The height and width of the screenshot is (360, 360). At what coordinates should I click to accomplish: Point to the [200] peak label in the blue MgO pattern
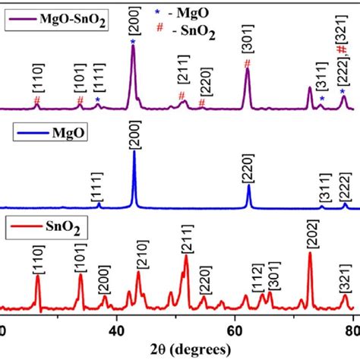134,137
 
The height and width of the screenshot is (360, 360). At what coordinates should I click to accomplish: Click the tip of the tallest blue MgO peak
134,152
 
